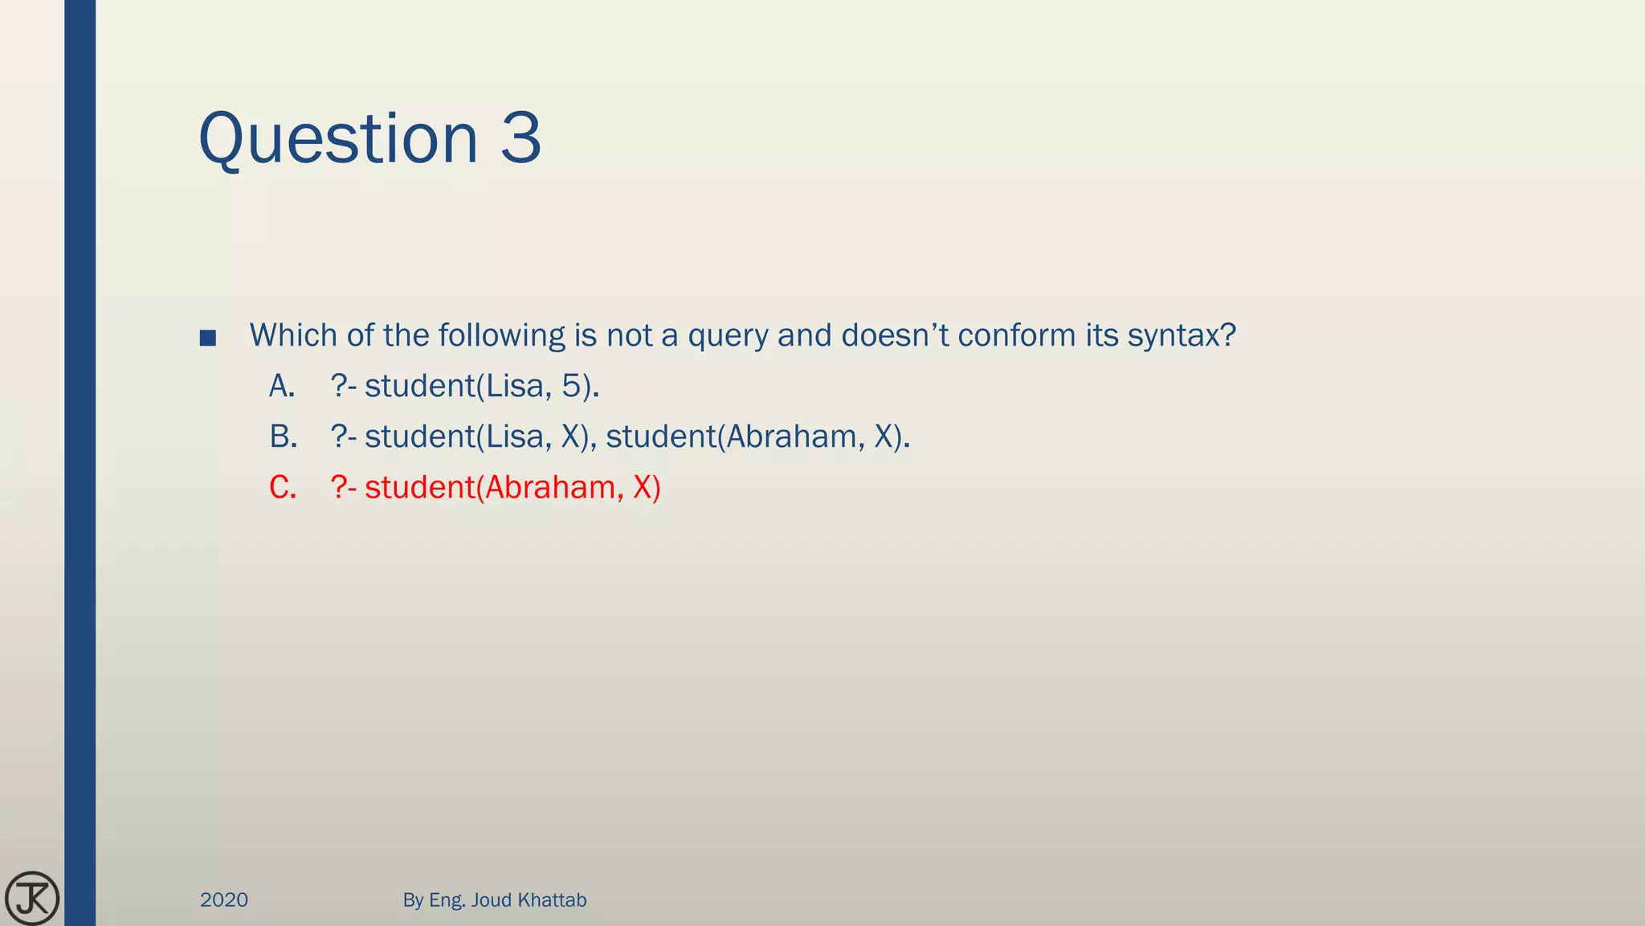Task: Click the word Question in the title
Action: pos(337,139)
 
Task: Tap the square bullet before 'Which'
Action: pos(207,338)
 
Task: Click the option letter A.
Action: pos(281,387)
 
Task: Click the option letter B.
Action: pos(283,437)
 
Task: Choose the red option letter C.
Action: pos(283,488)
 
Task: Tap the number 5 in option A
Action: pos(570,387)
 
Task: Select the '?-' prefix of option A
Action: pos(344,387)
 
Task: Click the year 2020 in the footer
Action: pos(224,899)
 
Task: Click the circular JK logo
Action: pos(32,898)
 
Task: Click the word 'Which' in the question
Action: pos(294,335)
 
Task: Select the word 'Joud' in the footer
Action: pos(492,899)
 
